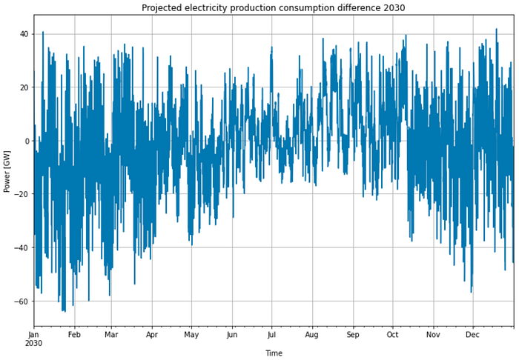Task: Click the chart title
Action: tap(273, 7)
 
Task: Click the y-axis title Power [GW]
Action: tap(7, 172)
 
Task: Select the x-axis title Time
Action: tap(274, 353)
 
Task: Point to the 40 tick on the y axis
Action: tap(24, 34)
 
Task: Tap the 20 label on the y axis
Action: tap(24, 87)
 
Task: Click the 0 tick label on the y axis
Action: tap(27, 141)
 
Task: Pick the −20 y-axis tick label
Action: tap(22, 194)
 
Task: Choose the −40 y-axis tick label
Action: tap(22, 247)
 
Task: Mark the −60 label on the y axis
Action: tap(22, 301)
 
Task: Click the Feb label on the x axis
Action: tap(74, 335)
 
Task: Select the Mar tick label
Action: tap(111, 335)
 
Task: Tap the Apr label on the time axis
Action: tap(151, 335)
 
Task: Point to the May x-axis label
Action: tap(191, 335)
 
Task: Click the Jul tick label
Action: tap(271, 335)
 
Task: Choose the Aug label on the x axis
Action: tap(312, 335)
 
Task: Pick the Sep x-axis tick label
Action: tap(353, 335)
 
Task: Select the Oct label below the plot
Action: tap(392, 335)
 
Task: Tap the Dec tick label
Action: tap(472, 335)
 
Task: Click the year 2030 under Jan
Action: tap(34, 344)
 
